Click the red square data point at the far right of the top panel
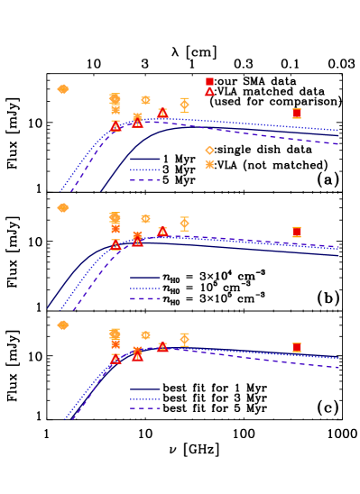point(296,114)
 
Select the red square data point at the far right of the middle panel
point(296,232)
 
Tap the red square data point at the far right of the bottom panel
point(296,347)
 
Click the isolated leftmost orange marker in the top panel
point(63,89)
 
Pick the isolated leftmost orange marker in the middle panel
point(63,207)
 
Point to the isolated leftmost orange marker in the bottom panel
point(63,325)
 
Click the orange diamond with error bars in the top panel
point(184,105)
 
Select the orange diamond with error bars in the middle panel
point(184,223)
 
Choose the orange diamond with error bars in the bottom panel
point(184,339)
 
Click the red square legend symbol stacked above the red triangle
point(209,81)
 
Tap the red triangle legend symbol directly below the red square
point(209,92)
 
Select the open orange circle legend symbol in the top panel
point(209,151)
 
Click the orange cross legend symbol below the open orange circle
point(209,164)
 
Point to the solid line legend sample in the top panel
point(144,159)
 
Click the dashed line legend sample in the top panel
point(144,180)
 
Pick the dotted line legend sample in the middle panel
point(144,288)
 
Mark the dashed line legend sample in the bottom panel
point(144,408)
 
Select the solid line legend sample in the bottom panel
point(144,389)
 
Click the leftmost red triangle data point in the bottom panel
point(115,359)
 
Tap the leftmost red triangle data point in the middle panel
point(115,245)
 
